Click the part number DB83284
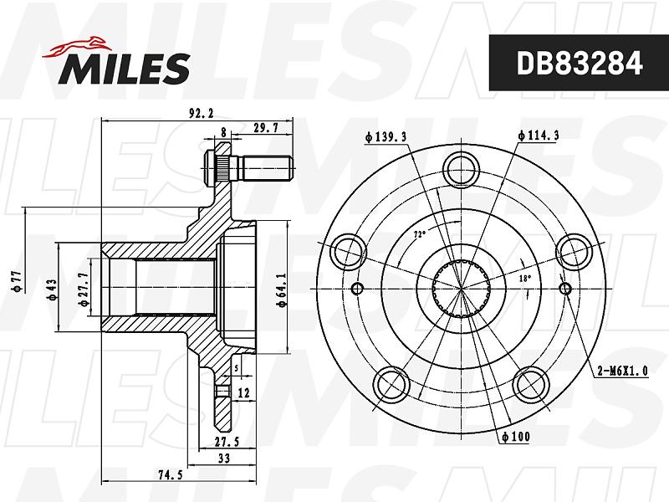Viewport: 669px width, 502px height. (x=579, y=64)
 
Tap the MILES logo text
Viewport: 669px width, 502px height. (x=124, y=69)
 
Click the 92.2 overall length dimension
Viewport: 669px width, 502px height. (x=202, y=114)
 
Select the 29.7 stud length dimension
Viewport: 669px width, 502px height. (x=266, y=127)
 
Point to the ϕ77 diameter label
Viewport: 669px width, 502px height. (x=18, y=281)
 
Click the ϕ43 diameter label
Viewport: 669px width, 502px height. (x=52, y=289)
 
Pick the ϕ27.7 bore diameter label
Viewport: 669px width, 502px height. (x=84, y=289)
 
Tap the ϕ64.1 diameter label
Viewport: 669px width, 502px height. (x=282, y=290)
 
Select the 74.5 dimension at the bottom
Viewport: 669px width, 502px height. (x=171, y=474)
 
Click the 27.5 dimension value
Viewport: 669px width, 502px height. (x=227, y=442)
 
